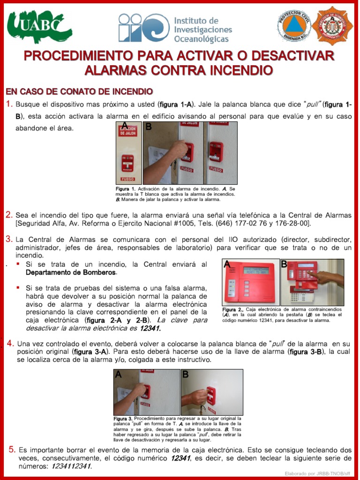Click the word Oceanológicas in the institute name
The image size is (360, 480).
tap(202, 39)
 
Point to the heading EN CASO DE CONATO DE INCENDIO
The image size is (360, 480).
tap(79, 91)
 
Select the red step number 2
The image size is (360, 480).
tap(9, 215)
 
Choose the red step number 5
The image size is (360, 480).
tap(12, 450)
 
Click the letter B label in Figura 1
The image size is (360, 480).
tap(149, 127)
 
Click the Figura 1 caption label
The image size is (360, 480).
tap(125, 189)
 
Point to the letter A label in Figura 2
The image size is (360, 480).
tap(227, 264)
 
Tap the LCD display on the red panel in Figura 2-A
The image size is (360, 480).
tap(256, 270)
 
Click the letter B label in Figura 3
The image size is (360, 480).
tap(185, 374)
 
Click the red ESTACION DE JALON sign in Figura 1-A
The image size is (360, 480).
tap(127, 131)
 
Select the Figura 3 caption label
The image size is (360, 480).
tap(123, 418)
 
